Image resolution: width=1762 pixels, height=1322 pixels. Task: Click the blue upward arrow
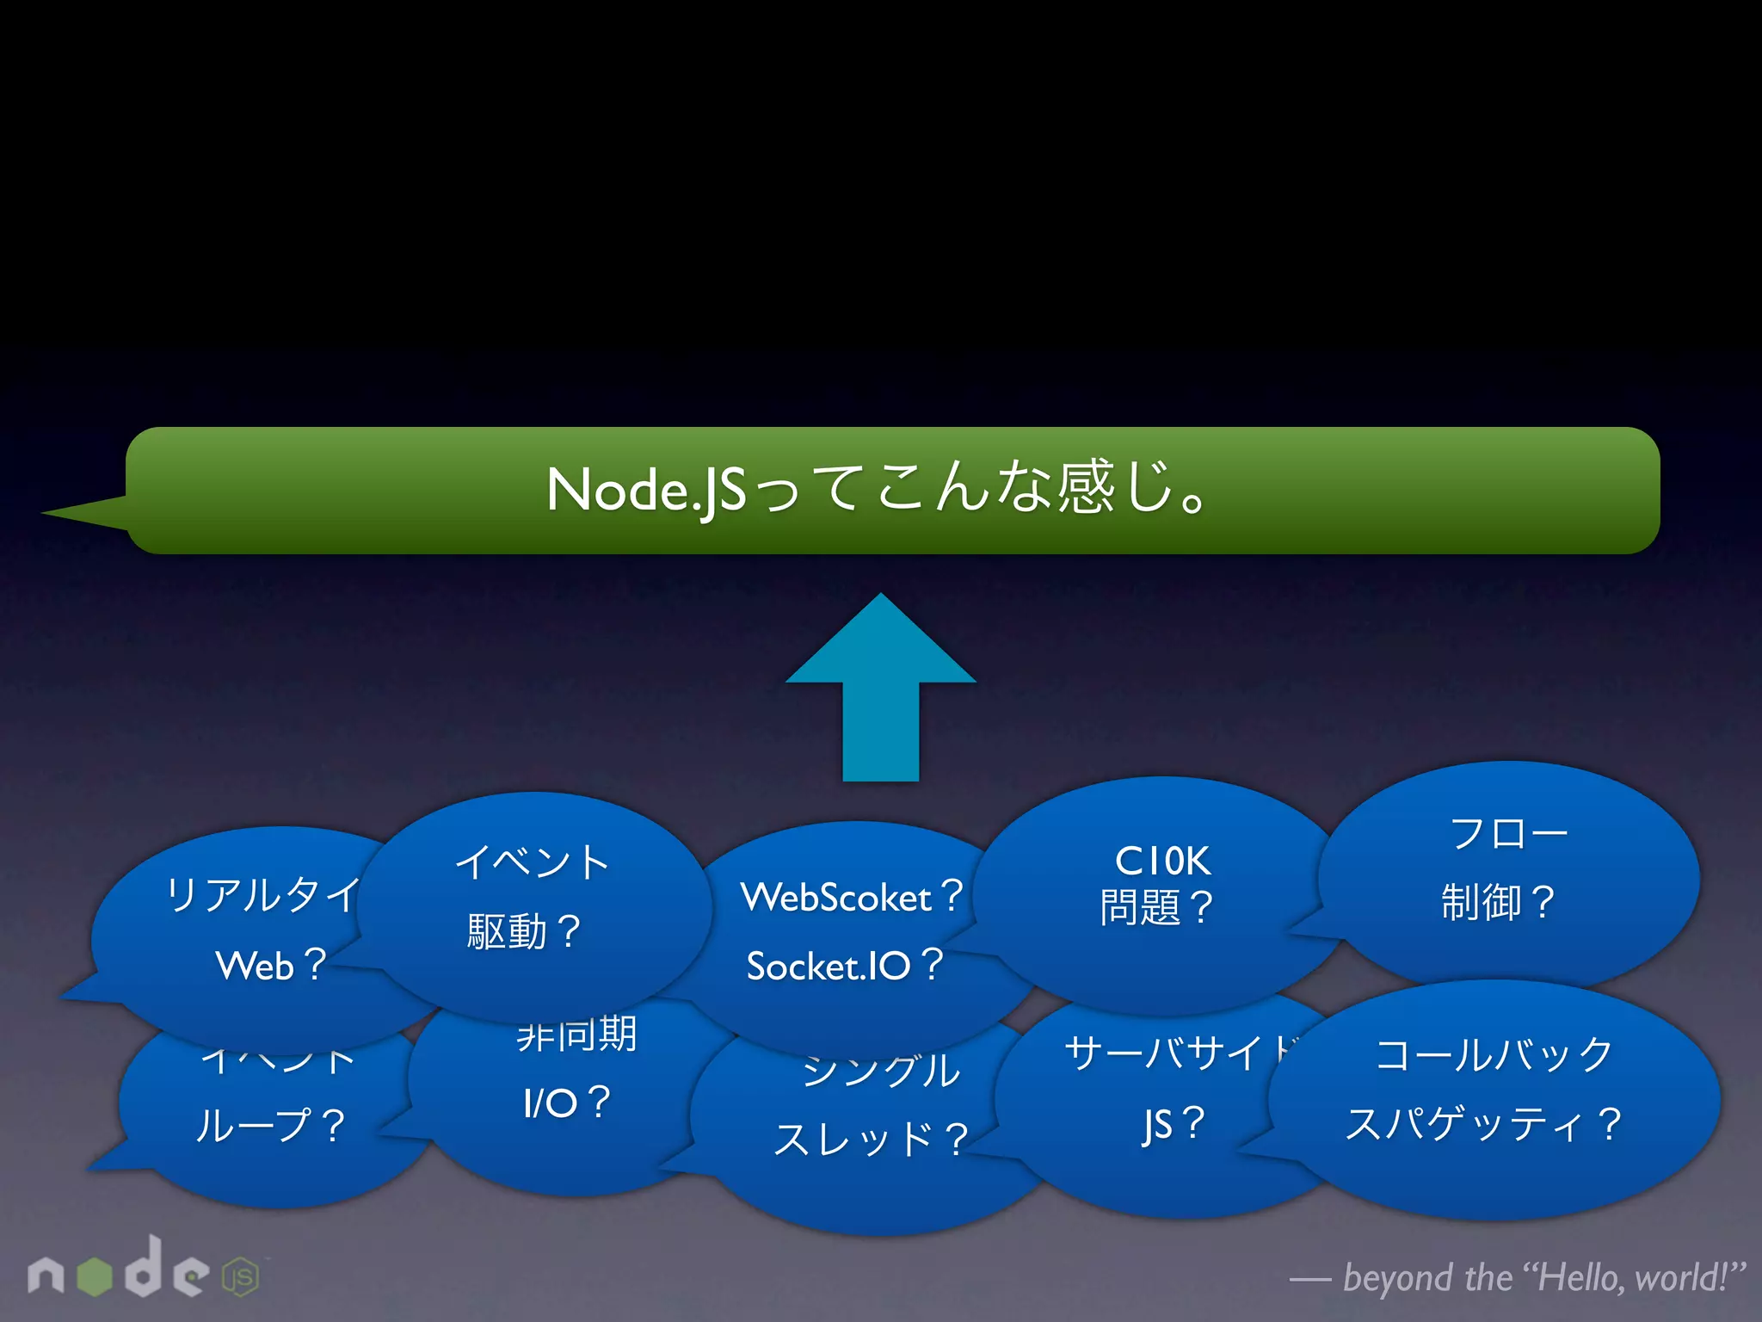tap(880, 689)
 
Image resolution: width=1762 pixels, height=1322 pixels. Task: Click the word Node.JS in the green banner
tap(646, 491)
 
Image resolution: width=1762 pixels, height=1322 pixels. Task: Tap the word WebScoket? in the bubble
tap(852, 897)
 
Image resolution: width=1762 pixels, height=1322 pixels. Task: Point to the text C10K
tap(1162, 861)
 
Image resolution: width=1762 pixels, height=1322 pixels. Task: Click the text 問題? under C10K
tap(1156, 907)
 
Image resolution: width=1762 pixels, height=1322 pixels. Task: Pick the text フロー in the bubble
tap(1508, 833)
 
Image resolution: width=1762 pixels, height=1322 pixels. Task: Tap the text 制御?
tap(1498, 902)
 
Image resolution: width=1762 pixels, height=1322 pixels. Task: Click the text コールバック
tap(1494, 1054)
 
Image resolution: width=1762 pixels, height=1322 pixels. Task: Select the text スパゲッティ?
tap(1484, 1124)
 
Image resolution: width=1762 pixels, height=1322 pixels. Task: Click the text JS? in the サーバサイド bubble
tap(1174, 1124)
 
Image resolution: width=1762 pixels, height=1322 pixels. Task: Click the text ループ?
tap(270, 1125)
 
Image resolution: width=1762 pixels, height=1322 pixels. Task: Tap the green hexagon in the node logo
tap(95, 1276)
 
